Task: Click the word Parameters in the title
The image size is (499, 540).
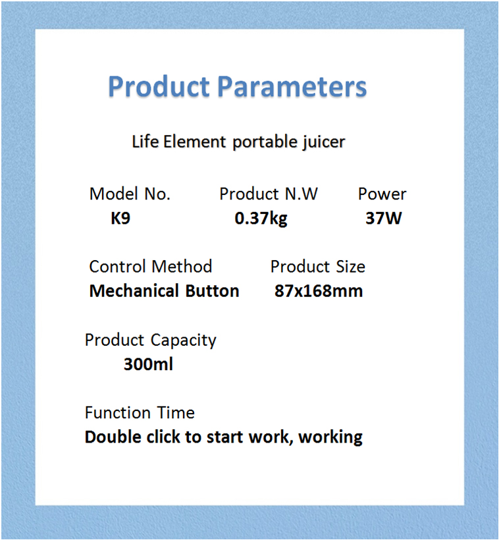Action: [292, 87]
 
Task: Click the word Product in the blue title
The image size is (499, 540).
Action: [159, 86]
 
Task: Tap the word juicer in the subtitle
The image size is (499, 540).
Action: [323, 142]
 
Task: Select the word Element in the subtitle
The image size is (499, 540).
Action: [195, 141]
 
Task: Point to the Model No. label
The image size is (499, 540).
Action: [130, 194]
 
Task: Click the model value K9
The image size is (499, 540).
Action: [120, 218]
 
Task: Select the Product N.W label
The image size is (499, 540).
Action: [269, 194]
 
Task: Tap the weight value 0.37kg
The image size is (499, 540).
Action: [261, 219]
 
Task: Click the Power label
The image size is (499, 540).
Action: [382, 194]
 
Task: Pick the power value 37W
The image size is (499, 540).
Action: [384, 218]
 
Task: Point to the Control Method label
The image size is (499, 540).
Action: [151, 267]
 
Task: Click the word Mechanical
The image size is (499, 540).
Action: [134, 290]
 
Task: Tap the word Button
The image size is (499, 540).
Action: [212, 290]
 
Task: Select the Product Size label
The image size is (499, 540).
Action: [317, 267]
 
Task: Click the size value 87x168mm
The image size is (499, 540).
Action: [319, 290]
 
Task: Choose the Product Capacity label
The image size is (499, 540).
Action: [151, 340]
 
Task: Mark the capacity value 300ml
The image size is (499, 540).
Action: [148, 364]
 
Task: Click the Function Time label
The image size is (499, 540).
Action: [140, 413]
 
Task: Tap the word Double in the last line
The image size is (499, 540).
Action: [113, 437]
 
